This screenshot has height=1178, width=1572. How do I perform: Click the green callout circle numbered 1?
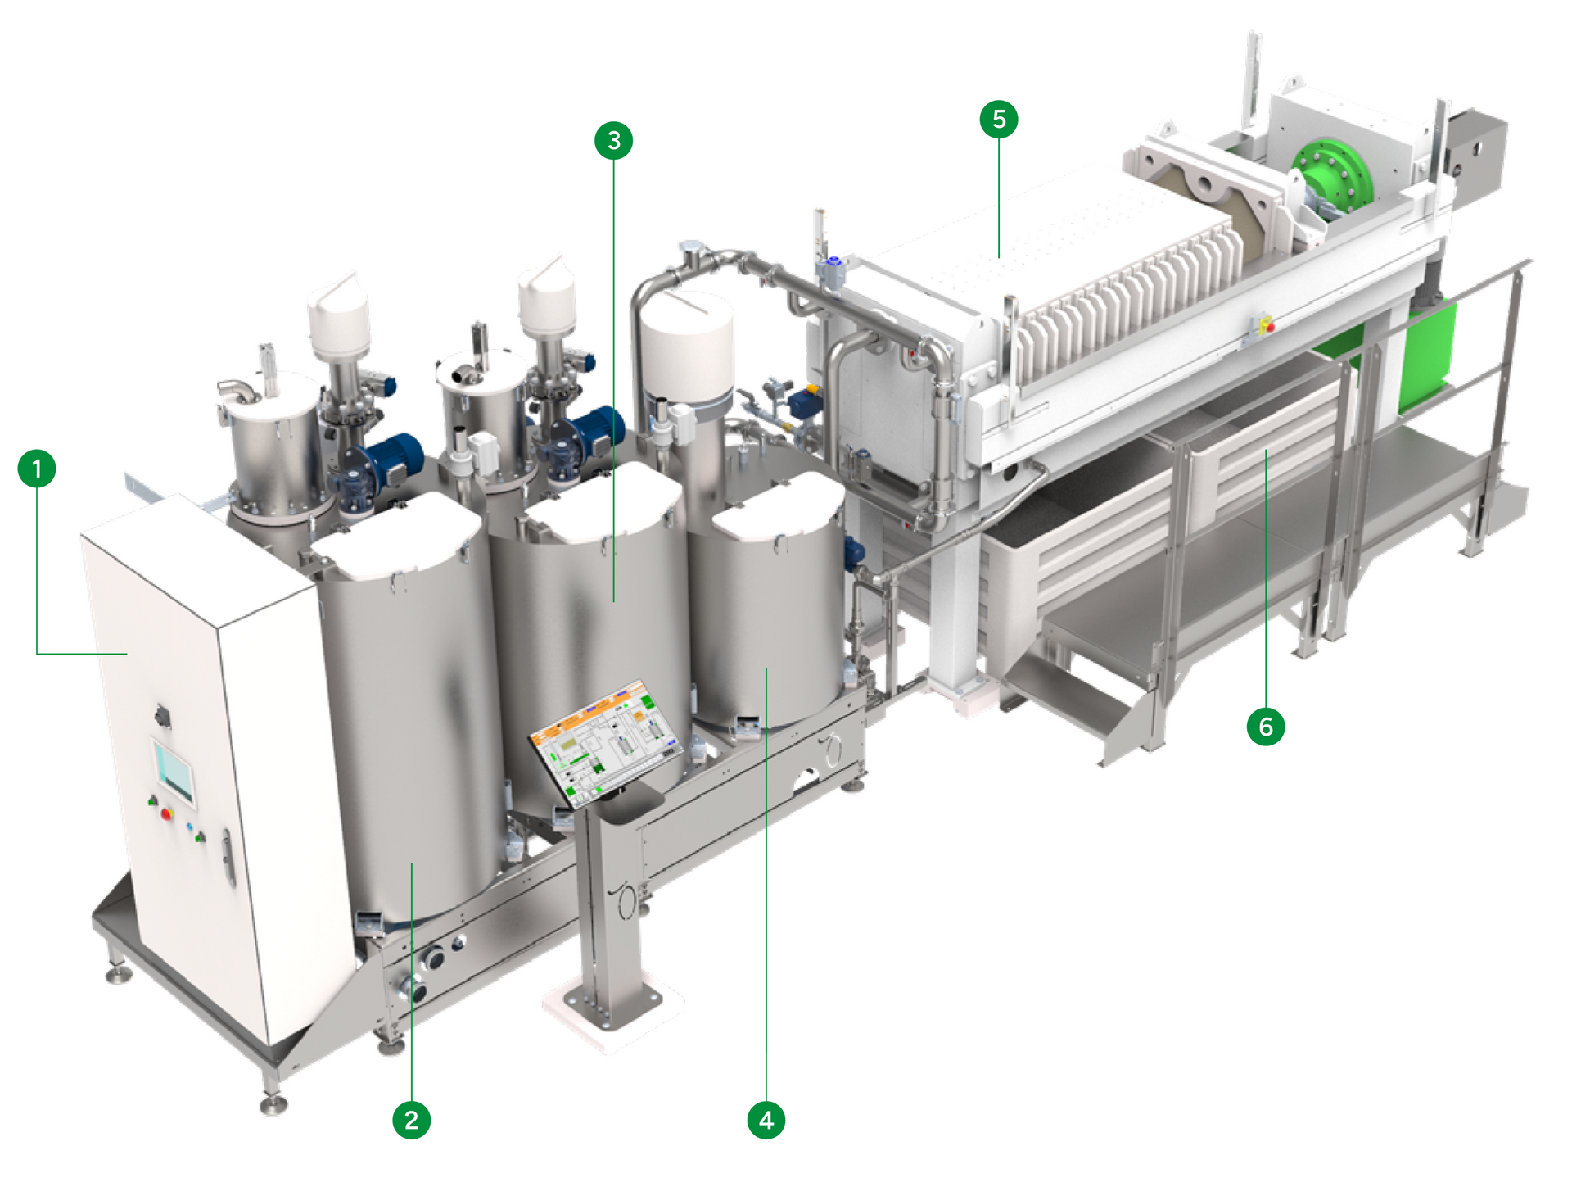pos(37,469)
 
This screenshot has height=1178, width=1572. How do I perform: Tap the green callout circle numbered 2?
pos(411,1119)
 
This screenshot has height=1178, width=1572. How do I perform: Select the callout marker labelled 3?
pos(614,141)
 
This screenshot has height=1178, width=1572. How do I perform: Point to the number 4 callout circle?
pos(766,1119)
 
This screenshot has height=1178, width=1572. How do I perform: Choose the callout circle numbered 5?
pos(999,120)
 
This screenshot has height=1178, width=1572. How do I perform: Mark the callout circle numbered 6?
pos(1266,727)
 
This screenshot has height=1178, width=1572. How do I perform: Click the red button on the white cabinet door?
pos(167,813)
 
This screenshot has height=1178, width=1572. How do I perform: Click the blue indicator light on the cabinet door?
pos(191,827)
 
